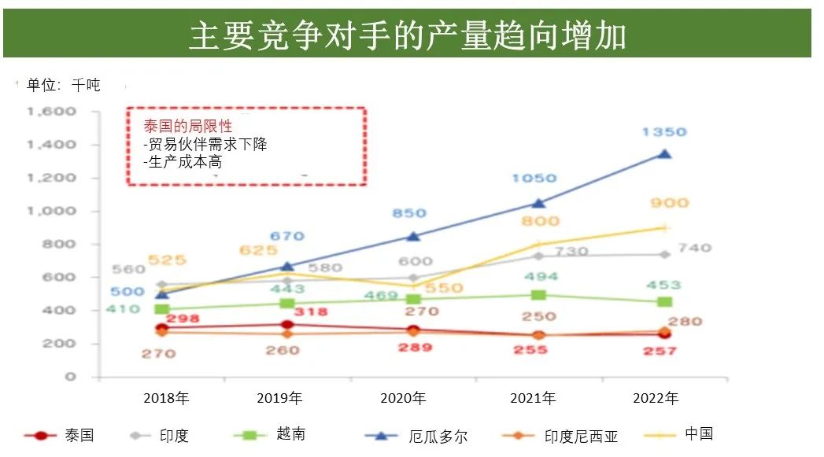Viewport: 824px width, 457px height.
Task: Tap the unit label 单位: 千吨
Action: pyautogui.click(x=64, y=85)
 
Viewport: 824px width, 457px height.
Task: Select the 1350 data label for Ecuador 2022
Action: pyautogui.click(x=664, y=132)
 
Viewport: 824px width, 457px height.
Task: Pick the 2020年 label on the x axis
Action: pyautogui.click(x=403, y=398)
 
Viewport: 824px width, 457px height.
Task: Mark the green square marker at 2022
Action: pyautogui.click(x=664, y=302)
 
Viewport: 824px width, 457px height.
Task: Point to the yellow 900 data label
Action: pyautogui.click(x=669, y=203)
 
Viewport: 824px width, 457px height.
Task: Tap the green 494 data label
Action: pyautogui.click(x=541, y=277)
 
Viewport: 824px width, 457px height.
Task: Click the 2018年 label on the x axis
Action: pyautogui.click(x=166, y=398)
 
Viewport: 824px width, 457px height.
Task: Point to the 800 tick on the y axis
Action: pyautogui.click(x=64, y=245)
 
